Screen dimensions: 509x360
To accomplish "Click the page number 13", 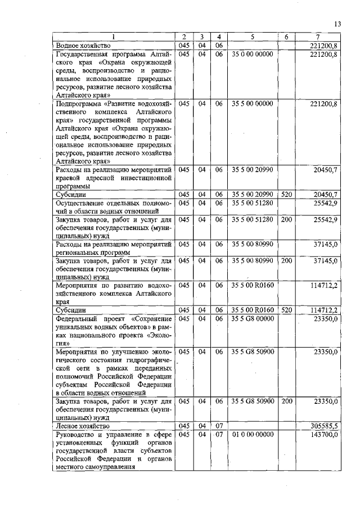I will pos(337,24).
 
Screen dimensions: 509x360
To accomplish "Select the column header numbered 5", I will pos(252,37).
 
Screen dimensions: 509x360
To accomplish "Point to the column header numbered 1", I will pos(114,37).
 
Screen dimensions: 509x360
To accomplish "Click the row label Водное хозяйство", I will pos(83,45).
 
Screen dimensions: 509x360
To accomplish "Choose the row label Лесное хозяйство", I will pos(82,426).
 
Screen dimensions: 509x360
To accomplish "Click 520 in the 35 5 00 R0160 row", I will pos(286,310).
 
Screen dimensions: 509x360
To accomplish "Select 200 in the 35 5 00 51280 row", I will pos(286,218).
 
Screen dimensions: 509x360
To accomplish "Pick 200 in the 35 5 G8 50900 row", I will pos(286,402).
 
